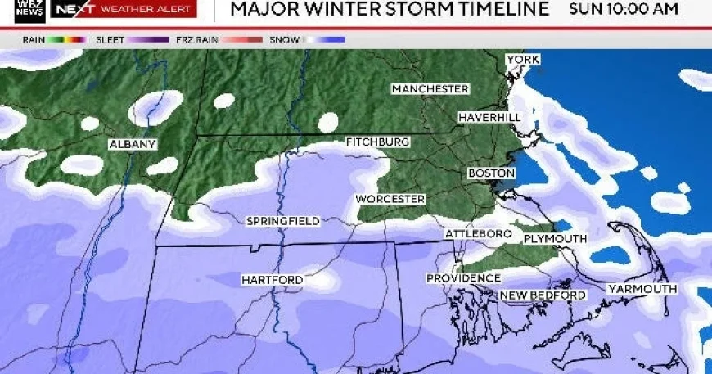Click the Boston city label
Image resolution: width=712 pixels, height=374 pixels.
(491, 173)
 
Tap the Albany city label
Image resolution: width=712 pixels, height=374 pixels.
(133, 145)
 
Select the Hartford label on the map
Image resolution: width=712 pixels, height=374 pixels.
(272, 281)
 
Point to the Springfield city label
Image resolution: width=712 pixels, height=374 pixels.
(283, 221)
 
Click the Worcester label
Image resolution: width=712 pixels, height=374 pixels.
(390, 200)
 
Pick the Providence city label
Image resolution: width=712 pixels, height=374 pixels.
(463, 278)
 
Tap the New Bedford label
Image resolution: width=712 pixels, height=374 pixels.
(543, 295)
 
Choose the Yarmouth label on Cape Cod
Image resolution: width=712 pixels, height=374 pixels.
(642, 289)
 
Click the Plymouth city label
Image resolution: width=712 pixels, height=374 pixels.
(555, 239)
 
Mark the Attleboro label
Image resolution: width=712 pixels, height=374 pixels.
(479, 234)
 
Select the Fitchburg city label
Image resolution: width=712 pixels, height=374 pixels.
(377, 142)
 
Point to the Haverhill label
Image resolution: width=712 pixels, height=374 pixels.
(489, 118)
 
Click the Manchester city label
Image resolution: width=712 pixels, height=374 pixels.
(430, 89)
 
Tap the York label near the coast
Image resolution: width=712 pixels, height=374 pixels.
(522, 60)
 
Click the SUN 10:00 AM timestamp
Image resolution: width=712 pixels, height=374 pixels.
(623, 10)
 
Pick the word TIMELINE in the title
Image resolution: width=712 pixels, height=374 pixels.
(505, 10)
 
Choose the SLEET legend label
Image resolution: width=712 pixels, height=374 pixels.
(110, 39)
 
